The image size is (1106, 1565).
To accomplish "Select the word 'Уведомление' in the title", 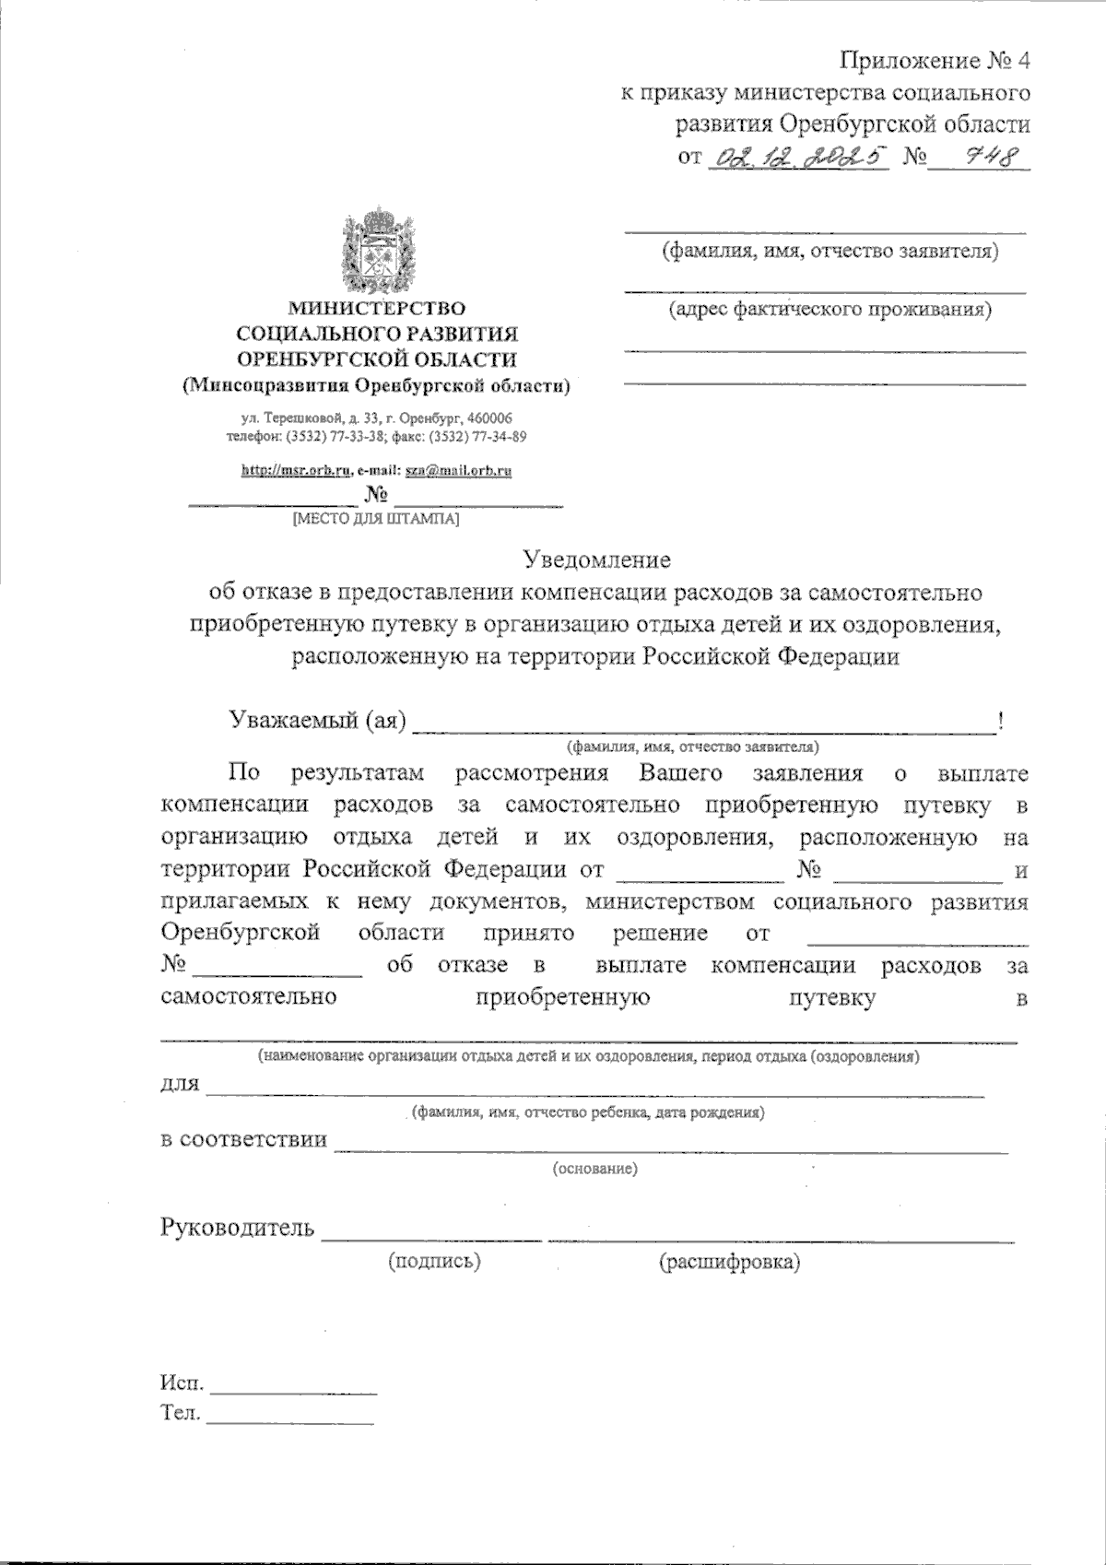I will click(x=597, y=559).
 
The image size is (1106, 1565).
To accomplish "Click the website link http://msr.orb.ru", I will click(x=295, y=471).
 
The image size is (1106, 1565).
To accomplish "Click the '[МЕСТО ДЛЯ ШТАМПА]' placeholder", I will click(x=375, y=520).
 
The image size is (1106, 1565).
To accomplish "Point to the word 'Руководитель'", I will click(x=238, y=1228).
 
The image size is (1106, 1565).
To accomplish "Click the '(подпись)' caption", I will click(x=435, y=1261).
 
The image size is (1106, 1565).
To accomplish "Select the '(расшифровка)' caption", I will click(x=729, y=1262).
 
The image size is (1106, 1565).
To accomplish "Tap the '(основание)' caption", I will click(x=594, y=1170).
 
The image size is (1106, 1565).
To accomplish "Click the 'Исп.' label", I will click(x=182, y=1384).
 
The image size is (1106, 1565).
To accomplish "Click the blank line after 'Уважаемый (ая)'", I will click(x=703, y=728).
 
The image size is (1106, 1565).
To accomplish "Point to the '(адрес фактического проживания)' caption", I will click(x=829, y=310).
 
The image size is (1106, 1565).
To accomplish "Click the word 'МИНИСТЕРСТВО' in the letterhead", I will click(x=376, y=308).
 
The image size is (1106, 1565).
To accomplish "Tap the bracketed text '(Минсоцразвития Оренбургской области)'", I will click(x=376, y=386).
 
